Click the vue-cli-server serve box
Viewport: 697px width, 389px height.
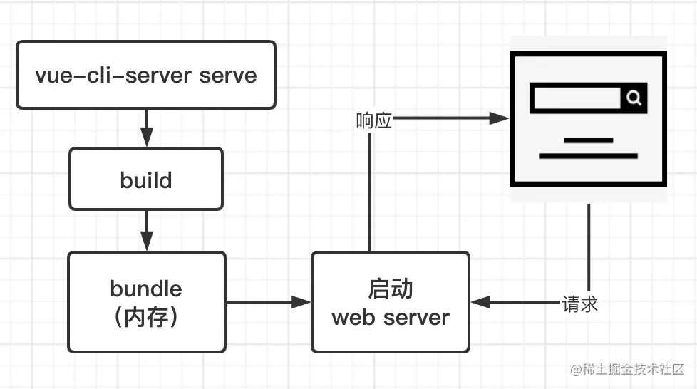(145, 75)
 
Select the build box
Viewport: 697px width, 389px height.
(145, 179)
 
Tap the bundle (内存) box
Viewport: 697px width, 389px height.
(146, 302)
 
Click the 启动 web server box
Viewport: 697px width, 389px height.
(390, 302)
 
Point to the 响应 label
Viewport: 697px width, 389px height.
(374, 120)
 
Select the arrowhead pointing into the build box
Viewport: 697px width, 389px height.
(146, 138)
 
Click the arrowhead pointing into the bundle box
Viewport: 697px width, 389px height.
(146, 242)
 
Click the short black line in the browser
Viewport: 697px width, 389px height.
(588, 140)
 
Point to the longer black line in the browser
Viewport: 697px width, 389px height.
(588, 155)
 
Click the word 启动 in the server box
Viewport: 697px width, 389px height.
(390, 289)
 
